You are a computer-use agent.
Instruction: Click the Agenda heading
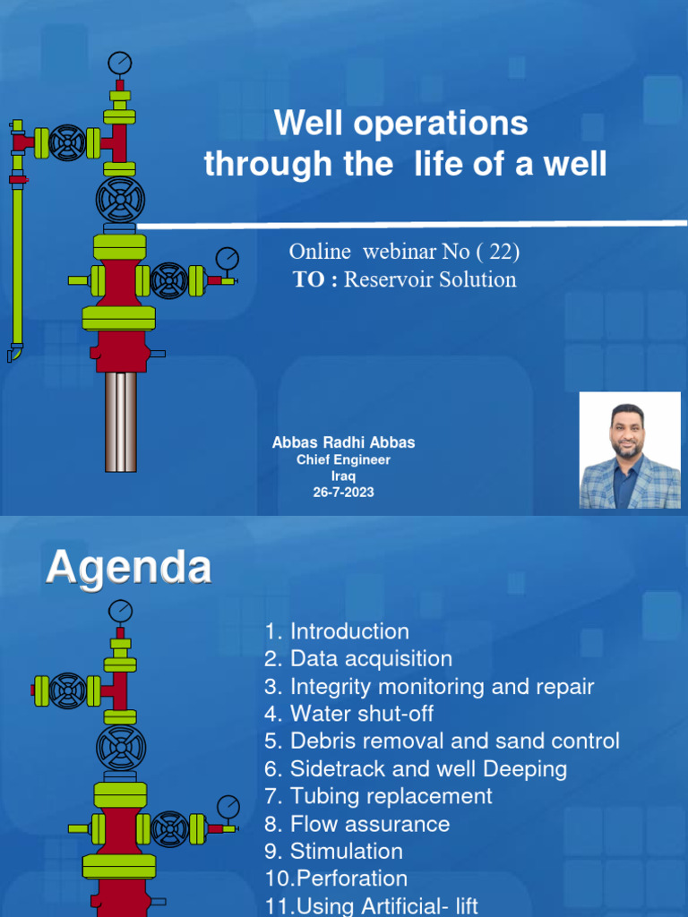click(x=129, y=568)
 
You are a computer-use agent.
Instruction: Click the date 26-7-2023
click(x=344, y=493)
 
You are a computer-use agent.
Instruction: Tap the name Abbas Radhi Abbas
click(x=344, y=443)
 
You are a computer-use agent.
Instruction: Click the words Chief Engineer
click(x=344, y=460)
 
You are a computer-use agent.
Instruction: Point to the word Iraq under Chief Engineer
click(x=344, y=476)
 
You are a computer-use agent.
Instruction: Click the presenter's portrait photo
click(x=630, y=450)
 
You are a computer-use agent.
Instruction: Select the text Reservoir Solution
click(x=430, y=279)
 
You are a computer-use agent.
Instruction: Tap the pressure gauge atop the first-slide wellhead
click(x=119, y=63)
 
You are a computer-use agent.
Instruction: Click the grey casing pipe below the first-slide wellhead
click(x=121, y=421)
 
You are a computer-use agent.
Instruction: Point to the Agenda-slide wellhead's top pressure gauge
click(x=119, y=612)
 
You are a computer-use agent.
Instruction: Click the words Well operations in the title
click(x=401, y=124)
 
